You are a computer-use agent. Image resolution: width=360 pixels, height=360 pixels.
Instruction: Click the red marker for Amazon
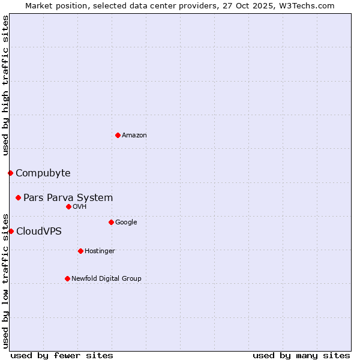pos(118,135)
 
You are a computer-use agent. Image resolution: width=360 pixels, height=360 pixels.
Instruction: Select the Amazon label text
pos(134,136)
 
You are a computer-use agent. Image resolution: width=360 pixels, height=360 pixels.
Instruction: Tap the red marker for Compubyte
pos(10,173)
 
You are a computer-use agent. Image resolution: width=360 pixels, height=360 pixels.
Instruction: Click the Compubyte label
pos(43,173)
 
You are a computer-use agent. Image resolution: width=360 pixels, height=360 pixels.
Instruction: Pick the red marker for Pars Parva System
pos(18,197)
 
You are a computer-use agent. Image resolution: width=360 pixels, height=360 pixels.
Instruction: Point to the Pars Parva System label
pos(68,198)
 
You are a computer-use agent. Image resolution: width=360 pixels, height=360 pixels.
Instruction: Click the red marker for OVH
pos(68,206)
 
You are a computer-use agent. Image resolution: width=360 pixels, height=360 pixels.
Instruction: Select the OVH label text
pos(80,207)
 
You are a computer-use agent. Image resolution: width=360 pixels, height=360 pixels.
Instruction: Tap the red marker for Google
pos(111,222)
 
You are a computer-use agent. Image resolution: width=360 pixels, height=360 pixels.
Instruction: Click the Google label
pos(126,223)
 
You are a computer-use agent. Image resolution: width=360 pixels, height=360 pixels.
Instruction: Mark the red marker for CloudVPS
pos(11,231)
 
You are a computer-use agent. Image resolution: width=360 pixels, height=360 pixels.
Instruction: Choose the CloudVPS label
pos(38,232)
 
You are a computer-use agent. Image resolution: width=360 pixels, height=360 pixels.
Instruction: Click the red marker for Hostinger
pos(80,251)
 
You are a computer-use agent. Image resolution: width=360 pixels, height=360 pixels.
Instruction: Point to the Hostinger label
pos(100,251)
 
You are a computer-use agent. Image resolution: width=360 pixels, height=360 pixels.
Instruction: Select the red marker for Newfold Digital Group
pos(67,278)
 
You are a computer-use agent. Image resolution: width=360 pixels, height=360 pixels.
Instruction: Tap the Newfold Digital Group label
pos(106,279)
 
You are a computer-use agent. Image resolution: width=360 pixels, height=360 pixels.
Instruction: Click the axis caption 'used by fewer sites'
pos(62,355)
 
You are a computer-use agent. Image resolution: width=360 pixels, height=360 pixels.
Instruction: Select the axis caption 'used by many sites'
pos(301,355)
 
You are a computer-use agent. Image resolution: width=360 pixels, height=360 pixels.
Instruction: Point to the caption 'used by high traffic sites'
pos(5,85)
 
